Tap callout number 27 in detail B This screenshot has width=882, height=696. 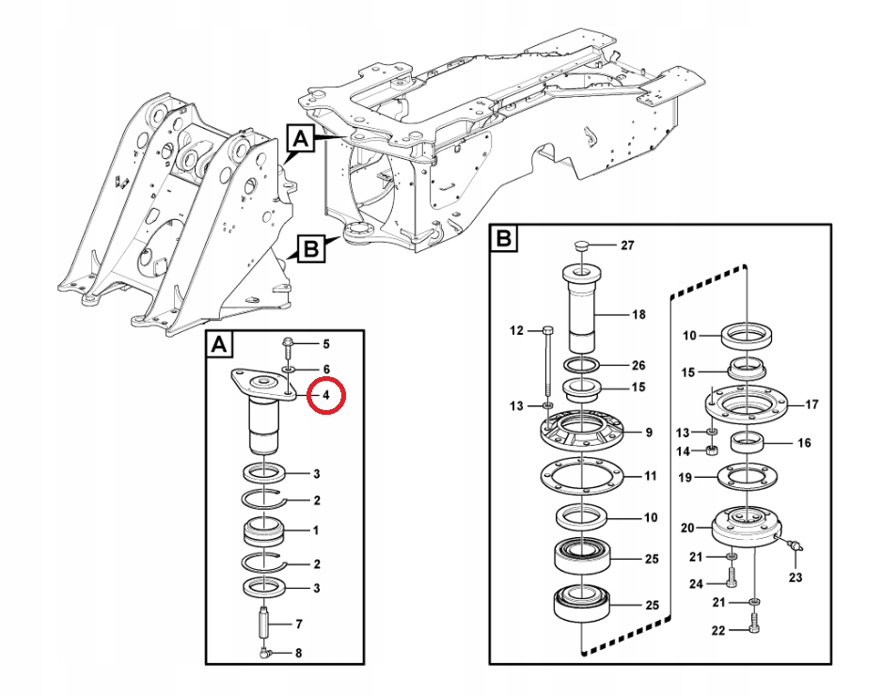pyautogui.click(x=627, y=245)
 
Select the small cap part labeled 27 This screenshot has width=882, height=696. pyautogui.click(x=582, y=245)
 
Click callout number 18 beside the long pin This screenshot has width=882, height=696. pyautogui.click(x=639, y=314)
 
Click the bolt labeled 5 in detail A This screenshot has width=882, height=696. pyautogui.click(x=288, y=348)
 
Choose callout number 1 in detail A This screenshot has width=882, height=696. pyautogui.click(x=316, y=530)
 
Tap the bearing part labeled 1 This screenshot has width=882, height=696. pyautogui.click(x=264, y=531)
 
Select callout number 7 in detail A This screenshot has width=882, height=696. pyautogui.click(x=299, y=624)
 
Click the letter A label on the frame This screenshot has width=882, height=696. pyautogui.click(x=301, y=138)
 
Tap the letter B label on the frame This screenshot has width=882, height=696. pyautogui.click(x=311, y=248)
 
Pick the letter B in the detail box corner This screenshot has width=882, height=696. pyautogui.click(x=504, y=239)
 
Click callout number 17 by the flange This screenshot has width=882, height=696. pyautogui.click(x=811, y=404)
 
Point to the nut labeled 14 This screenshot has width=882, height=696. pyautogui.click(x=712, y=451)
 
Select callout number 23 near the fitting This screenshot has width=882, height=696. pyautogui.click(x=795, y=577)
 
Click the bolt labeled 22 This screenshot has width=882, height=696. pyautogui.click(x=755, y=624)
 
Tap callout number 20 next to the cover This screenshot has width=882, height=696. pyautogui.click(x=687, y=528)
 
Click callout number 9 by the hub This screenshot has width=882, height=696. pyautogui.click(x=649, y=432)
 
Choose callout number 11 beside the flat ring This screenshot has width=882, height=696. pyautogui.click(x=651, y=476)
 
